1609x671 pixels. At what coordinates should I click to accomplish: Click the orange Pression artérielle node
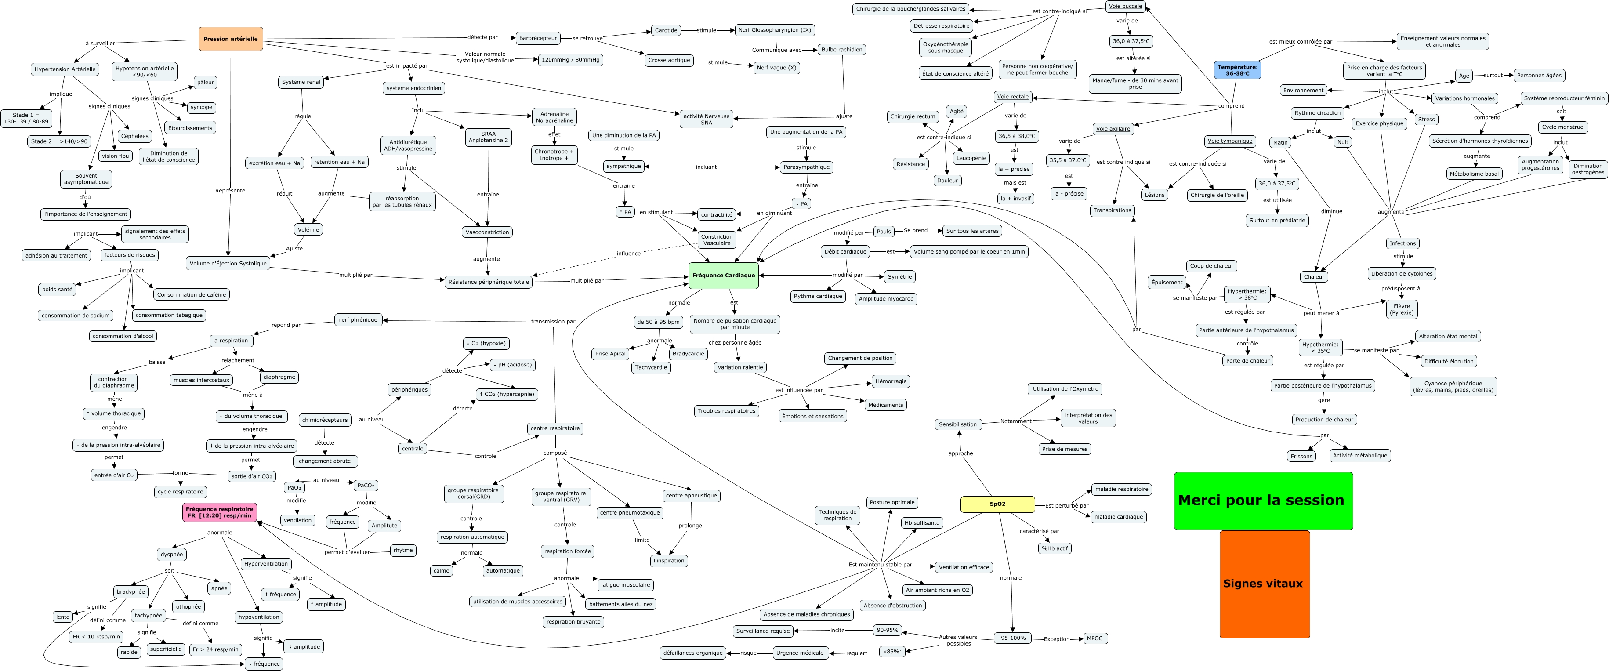coord(231,39)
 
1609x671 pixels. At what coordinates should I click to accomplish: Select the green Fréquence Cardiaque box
coord(723,276)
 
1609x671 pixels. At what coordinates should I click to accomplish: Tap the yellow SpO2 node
coord(997,504)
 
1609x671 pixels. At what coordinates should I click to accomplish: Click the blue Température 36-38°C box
coord(1237,70)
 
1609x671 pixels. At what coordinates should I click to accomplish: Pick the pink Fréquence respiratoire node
coord(219,512)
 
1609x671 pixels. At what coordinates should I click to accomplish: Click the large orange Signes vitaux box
coord(1264,584)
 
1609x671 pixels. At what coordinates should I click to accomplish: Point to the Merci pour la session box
coord(1262,501)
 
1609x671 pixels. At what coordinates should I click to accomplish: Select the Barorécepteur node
coord(538,38)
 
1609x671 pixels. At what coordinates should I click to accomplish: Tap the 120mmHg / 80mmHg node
coord(570,60)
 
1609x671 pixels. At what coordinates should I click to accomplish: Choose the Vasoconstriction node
coord(487,232)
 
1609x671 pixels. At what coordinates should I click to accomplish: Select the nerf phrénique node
coord(358,320)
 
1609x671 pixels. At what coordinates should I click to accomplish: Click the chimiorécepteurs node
coord(325,420)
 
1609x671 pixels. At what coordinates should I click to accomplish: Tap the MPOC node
coord(1094,638)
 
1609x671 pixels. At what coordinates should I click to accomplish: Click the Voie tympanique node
coord(1230,141)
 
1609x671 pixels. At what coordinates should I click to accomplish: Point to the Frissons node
coord(1302,456)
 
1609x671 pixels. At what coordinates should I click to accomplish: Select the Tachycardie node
coord(651,367)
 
